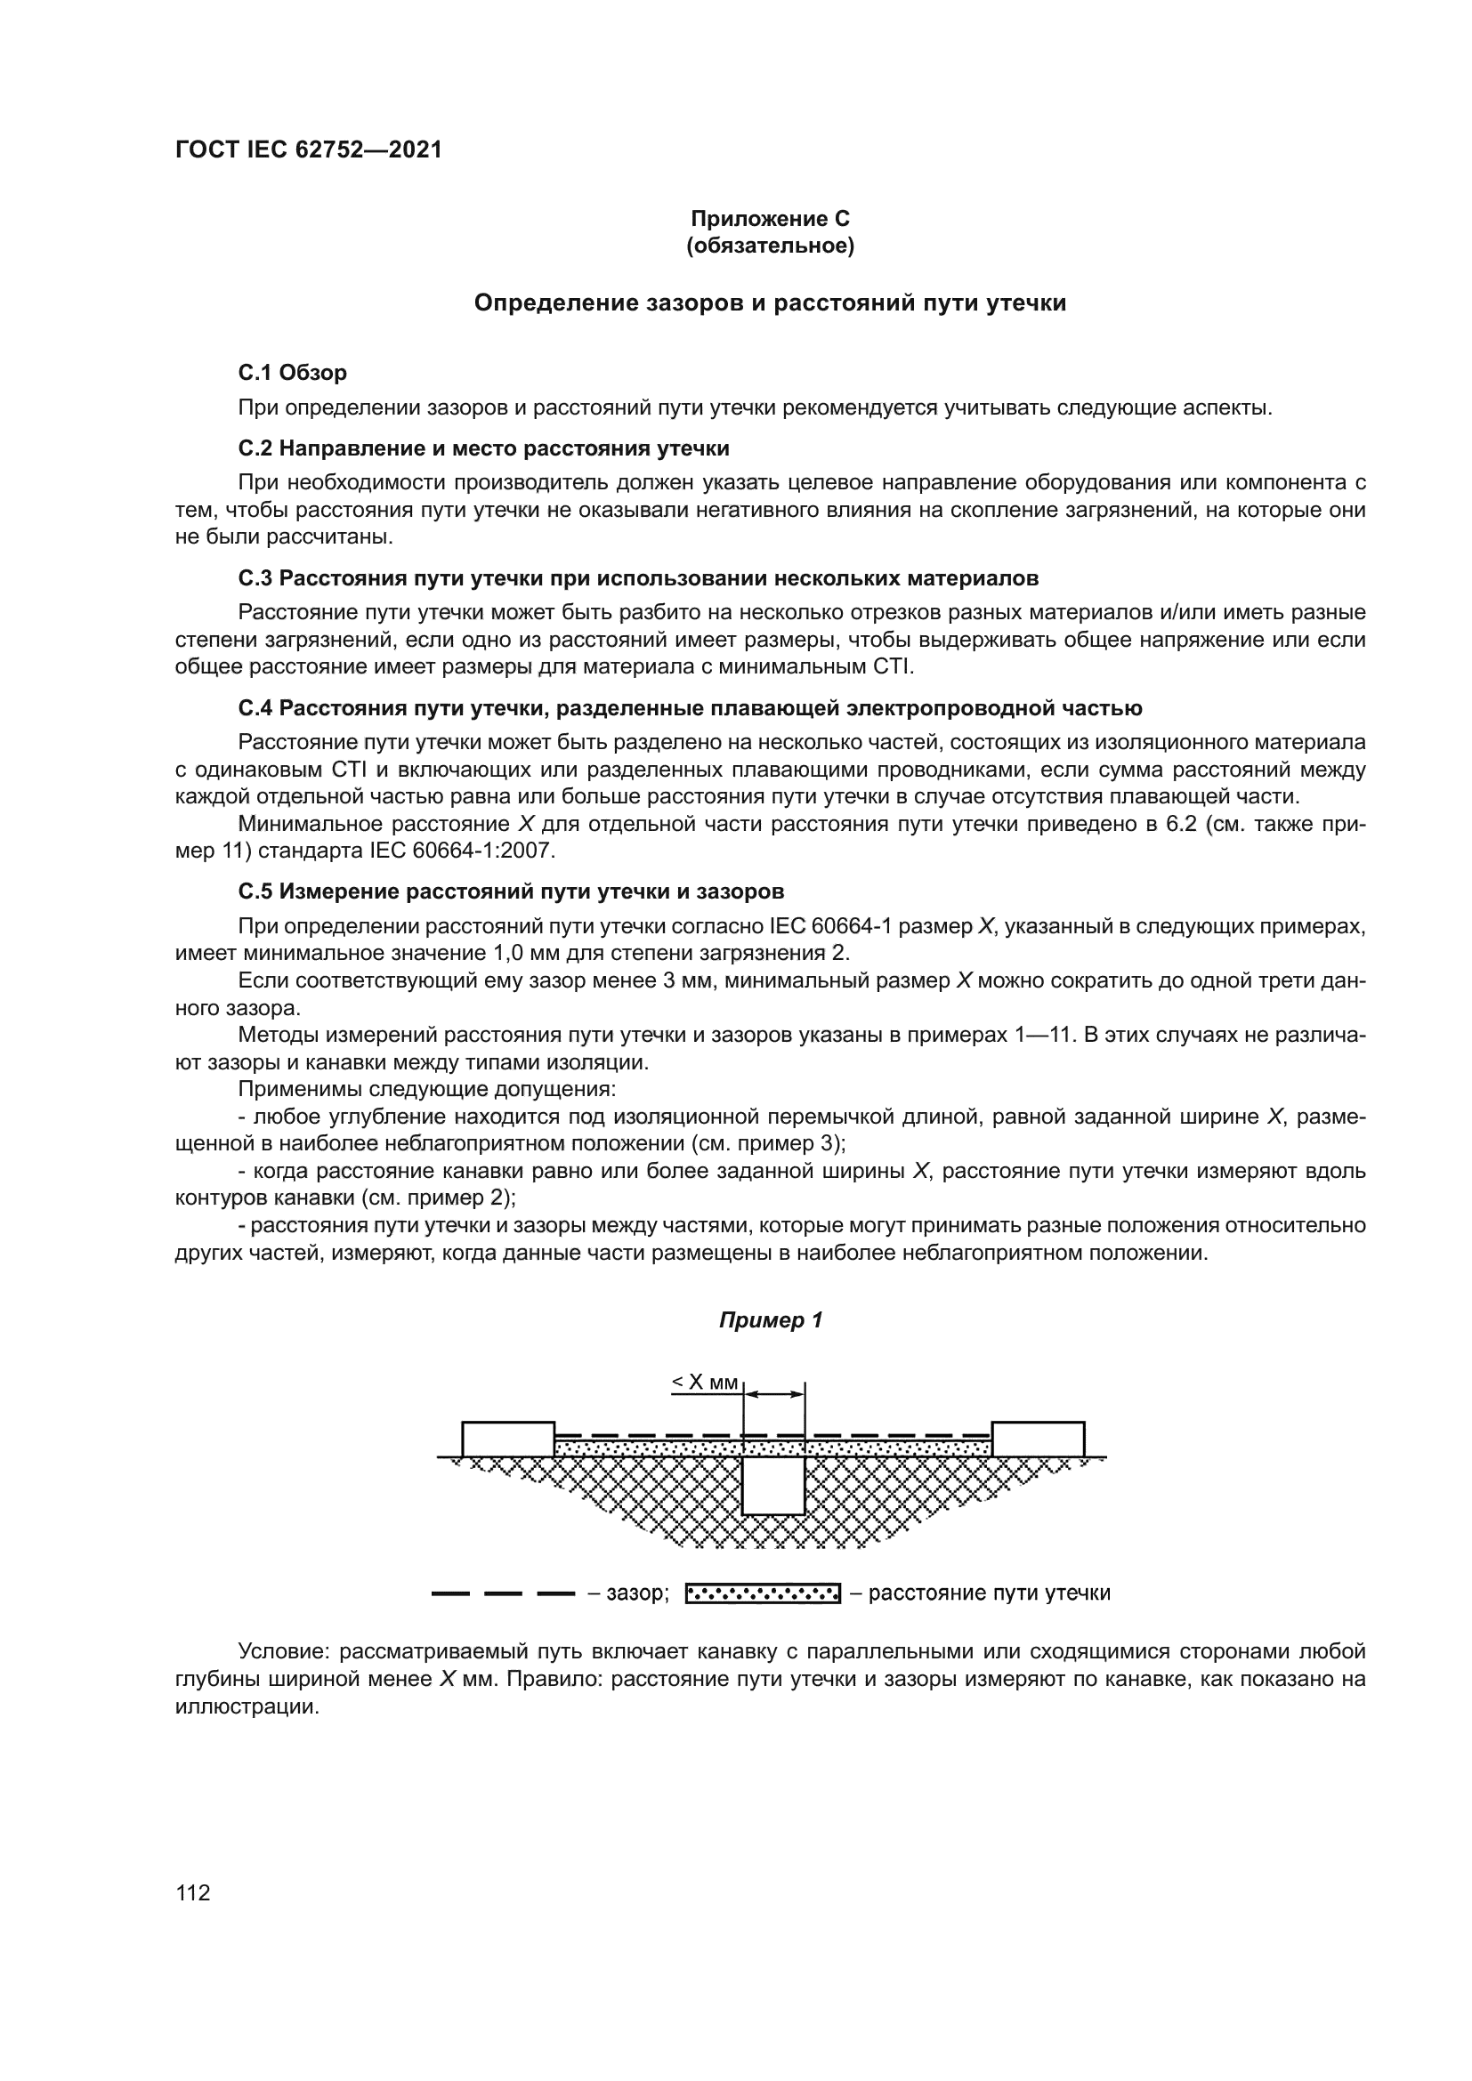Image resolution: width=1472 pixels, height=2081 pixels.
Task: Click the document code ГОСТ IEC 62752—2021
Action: pos(308,149)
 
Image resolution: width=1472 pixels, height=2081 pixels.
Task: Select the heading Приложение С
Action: pos(770,219)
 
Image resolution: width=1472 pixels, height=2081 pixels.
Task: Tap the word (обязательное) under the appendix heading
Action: pos(770,246)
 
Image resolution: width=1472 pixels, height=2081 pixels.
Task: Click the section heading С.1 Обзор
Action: pos(292,373)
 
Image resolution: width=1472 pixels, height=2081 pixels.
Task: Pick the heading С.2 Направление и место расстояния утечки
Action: pos(483,448)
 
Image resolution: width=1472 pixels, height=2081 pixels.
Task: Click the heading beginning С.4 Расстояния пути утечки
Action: pos(690,708)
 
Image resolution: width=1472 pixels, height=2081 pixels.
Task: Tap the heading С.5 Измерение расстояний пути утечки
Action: pos(510,891)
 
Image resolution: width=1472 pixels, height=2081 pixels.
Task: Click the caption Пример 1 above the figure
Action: pos(770,1320)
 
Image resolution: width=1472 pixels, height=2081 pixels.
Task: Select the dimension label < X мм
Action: pos(704,1383)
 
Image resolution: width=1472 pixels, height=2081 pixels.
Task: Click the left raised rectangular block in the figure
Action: pos(507,1439)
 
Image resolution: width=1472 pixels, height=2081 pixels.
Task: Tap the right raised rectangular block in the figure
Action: pos(1038,1439)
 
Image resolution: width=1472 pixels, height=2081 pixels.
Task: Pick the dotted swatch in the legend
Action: pos(763,1593)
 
